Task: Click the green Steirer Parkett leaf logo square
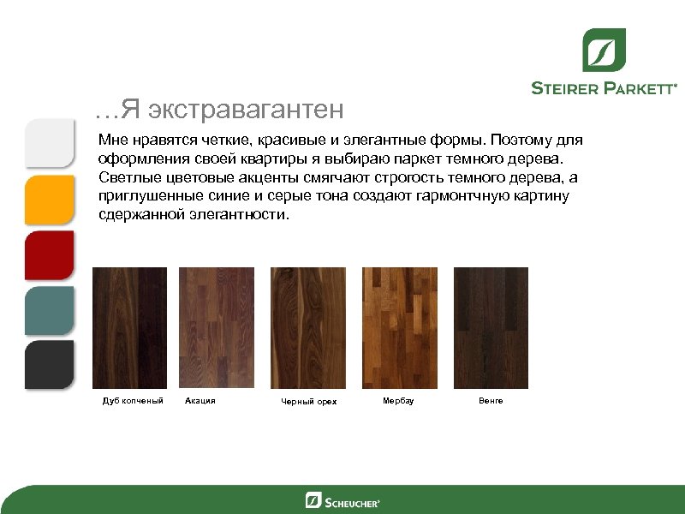click(x=604, y=51)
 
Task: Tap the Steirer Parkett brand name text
click(x=605, y=87)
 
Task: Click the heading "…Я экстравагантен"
click(x=220, y=110)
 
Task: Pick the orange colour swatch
click(x=50, y=200)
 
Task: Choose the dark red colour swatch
click(x=50, y=255)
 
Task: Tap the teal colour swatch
click(x=50, y=310)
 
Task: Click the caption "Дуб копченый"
click(x=132, y=401)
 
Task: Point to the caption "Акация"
click(x=200, y=400)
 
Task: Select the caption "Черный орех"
click(x=309, y=402)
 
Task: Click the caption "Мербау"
click(x=398, y=401)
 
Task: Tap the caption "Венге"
click(x=491, y=400)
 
